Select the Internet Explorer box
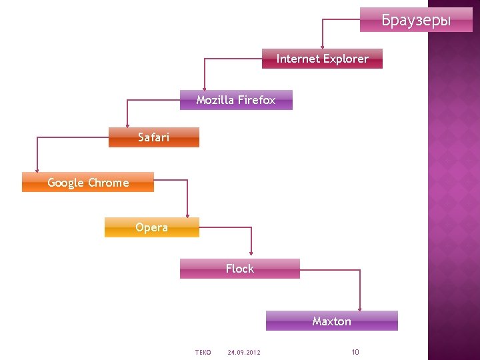point(322,59)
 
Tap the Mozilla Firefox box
point(236,100)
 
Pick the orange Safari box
point(153,137)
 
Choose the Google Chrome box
point(88,183)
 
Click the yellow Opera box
point(151,227)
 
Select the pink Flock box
point(239,269)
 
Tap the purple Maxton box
point(331,321)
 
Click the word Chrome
point(108,183)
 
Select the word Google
point(66,183)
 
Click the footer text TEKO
point(203,352)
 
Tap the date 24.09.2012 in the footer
point(244,352)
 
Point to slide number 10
point(355,352)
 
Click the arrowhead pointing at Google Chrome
point(38,169)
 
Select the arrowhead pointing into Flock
point(251,253)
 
